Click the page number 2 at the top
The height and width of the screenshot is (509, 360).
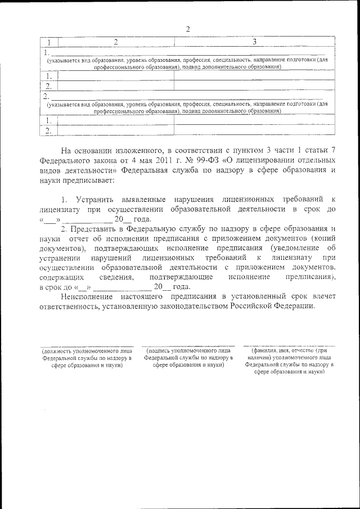click(x=187, y=29)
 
